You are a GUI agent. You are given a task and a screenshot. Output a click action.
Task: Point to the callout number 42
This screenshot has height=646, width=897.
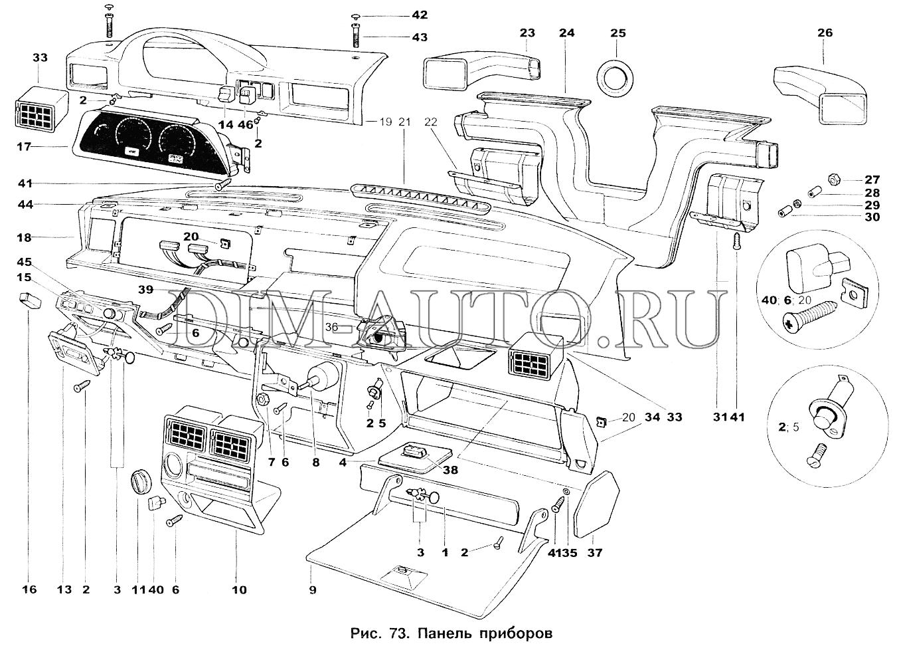click(420, 15)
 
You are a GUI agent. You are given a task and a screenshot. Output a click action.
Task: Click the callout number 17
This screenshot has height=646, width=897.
click(24, 146)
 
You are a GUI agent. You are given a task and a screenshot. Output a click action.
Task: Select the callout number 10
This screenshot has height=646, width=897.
click(239, 589)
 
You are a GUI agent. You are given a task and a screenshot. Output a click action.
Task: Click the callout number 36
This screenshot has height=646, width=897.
click(331, 327)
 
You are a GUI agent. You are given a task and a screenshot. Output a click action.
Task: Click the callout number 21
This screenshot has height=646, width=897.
click(405, 122)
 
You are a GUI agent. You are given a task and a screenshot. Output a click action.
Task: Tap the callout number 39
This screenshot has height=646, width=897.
click(146, 290)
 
